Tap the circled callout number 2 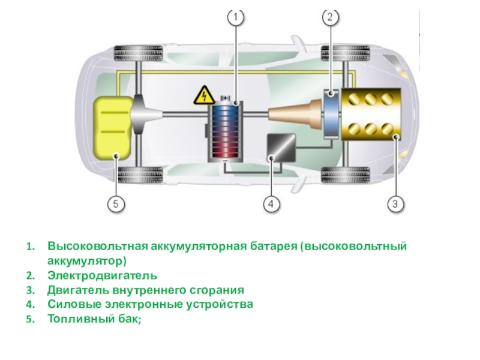[x=331, y=18]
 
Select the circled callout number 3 [x=394, y=204]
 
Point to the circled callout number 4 [x=271, y=204]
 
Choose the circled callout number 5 [x=116, y=204]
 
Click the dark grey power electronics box [x=281, y=146]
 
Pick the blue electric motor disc [x=332, y=114]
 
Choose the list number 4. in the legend [x=31, y=304]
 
